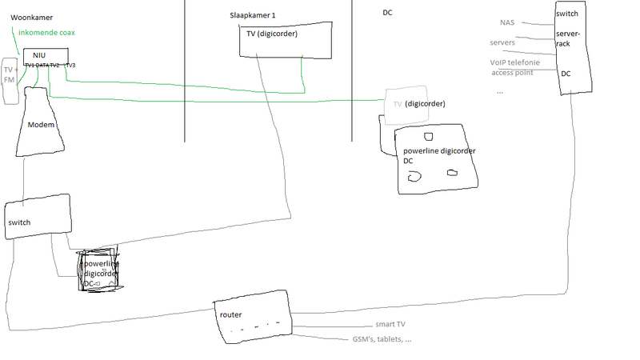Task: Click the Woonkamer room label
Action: coord(31,16)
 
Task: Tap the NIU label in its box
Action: coord(39,54)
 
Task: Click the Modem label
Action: coord(40,126)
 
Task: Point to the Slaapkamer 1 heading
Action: coord(252,16)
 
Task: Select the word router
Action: coord(230,314)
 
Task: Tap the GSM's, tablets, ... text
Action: coord(382,339)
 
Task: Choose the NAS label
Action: coord(508,22)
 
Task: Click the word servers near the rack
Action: coord(502,42)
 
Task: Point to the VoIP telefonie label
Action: coord(514,62)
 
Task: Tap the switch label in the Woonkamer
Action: coord(19,222)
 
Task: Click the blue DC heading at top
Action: coord(387,13)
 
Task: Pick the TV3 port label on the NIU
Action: coord(70,65)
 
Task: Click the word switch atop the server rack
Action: coord(567,14)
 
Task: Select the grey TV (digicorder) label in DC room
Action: coord(418,104)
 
